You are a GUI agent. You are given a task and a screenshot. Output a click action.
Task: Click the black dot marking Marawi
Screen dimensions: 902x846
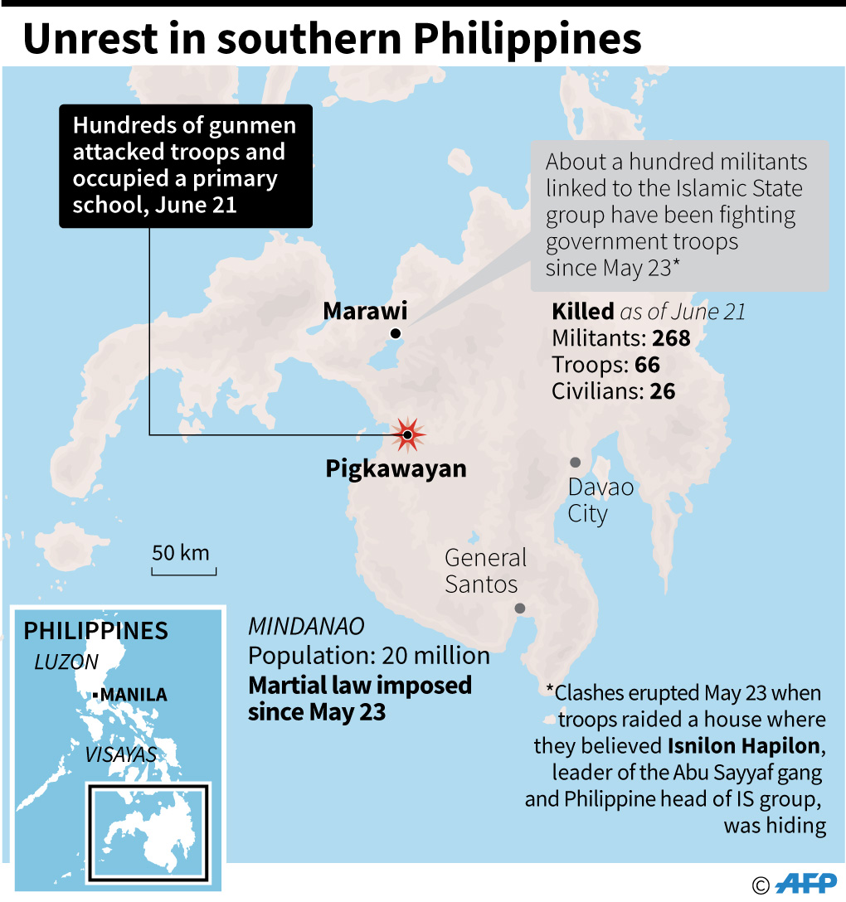pyautogui.click(x=396, y=333)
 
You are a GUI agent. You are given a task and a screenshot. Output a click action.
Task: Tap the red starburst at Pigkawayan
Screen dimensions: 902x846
pyautogui.click(x=407, y=434)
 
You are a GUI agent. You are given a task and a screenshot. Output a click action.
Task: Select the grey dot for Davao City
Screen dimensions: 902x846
pyautogui.click(x=575, y=462)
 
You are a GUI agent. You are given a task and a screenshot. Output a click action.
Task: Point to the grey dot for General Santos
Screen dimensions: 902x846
pyautogui.click(x=520, y=608)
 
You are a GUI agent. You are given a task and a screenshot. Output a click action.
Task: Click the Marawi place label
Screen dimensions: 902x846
pyautogui.click(x=365, y=312)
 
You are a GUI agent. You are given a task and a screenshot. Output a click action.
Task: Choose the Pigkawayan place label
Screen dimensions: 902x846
pyautogui.click(x=396, y=469)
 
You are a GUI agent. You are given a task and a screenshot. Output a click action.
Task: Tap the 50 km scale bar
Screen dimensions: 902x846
pyautogui.click(x=183, y=570)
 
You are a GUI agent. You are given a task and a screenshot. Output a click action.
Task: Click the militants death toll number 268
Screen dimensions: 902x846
pyautogui.click(x=671, y=338)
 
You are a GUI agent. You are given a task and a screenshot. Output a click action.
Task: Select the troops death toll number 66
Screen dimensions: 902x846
pyautogui.click(x=647, y=364)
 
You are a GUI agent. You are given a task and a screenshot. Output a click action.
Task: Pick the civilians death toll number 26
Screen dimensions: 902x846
pyautogui.click(x=662, y=390)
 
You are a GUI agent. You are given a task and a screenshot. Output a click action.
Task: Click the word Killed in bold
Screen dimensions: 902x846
pyautogui.click(x=582, y=313)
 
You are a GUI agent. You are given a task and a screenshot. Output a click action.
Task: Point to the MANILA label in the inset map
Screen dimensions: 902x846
pyautogui.click(x=134, y=695)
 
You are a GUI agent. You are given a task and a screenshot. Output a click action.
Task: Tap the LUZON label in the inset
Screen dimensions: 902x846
pyautogui.click(x=66, y=662)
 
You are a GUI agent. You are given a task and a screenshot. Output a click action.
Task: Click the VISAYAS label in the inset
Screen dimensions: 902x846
pyautogui.click(x=120, y=754)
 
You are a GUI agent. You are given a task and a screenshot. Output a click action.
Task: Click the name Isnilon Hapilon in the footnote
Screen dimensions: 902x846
pyautogui.click(x=744, y=746)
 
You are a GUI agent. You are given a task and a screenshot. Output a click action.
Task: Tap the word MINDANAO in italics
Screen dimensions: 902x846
pyautogui.click(x=306, y=627)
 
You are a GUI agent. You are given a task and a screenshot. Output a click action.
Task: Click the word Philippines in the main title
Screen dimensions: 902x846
pyautogui.click(x=525, y=39)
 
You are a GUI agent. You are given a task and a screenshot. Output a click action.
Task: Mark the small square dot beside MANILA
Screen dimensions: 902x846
pyautogui.click(x=98, y=694)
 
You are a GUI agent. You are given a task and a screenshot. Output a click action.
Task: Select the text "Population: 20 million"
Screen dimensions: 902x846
pyautogui.click(x=369, y=656)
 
